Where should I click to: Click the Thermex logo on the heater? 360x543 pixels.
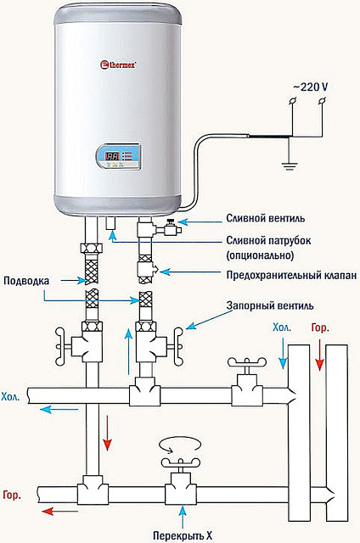point(120,62)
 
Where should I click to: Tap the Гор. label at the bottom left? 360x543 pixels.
point(12,494)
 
